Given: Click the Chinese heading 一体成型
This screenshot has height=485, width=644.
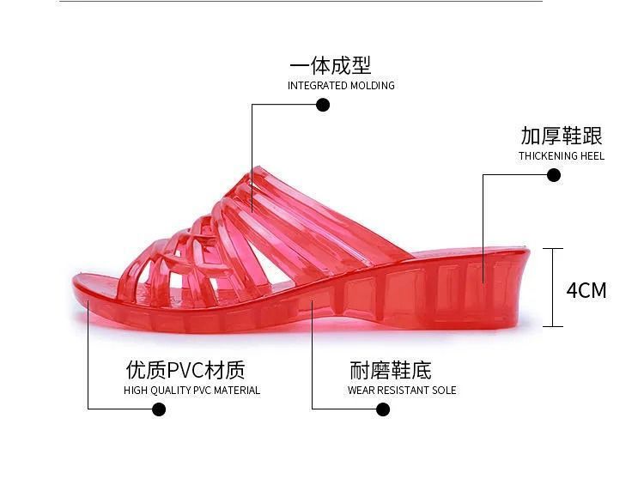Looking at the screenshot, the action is coord(331,66).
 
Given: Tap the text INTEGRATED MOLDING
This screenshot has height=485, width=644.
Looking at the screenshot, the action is coord(341,86).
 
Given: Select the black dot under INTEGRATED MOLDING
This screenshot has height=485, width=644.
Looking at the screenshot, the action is coord(323,105).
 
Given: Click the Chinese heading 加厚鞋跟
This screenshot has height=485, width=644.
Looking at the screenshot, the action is coord(562,136).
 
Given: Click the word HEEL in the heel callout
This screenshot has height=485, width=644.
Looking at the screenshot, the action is coord(592,156).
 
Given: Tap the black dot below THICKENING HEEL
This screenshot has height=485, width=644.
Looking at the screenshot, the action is coord(554,175).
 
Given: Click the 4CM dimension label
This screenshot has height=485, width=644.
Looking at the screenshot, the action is coord(586,290).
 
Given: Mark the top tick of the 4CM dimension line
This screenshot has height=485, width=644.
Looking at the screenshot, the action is coord(553,249).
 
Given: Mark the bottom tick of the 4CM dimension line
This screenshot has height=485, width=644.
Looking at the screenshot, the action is coord(553,326).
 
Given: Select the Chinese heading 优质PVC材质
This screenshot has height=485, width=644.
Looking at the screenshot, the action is coord(185,370).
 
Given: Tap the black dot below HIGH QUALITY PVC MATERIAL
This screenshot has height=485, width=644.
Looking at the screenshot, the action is coord(158,409).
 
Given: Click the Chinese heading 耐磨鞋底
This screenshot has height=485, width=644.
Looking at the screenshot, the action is coord(391,370).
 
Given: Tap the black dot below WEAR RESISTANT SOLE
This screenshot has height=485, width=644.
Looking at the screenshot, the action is coord(383,409).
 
